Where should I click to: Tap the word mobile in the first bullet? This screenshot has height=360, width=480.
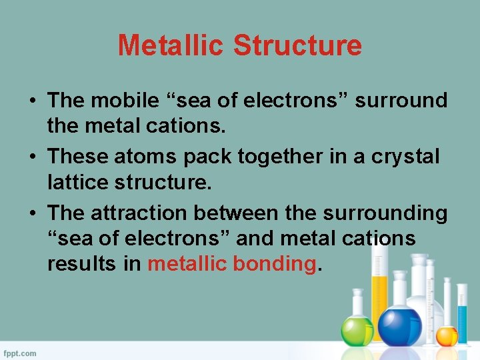128,101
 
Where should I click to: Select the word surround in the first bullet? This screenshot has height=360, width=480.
401,101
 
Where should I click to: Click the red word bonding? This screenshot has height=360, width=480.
274,264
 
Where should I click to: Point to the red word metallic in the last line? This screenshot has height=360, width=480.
187,264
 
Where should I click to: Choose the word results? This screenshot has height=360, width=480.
82,264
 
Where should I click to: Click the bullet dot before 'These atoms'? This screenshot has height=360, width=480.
33,157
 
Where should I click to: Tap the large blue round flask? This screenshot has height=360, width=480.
400,325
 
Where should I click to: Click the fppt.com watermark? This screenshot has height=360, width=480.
21,353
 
